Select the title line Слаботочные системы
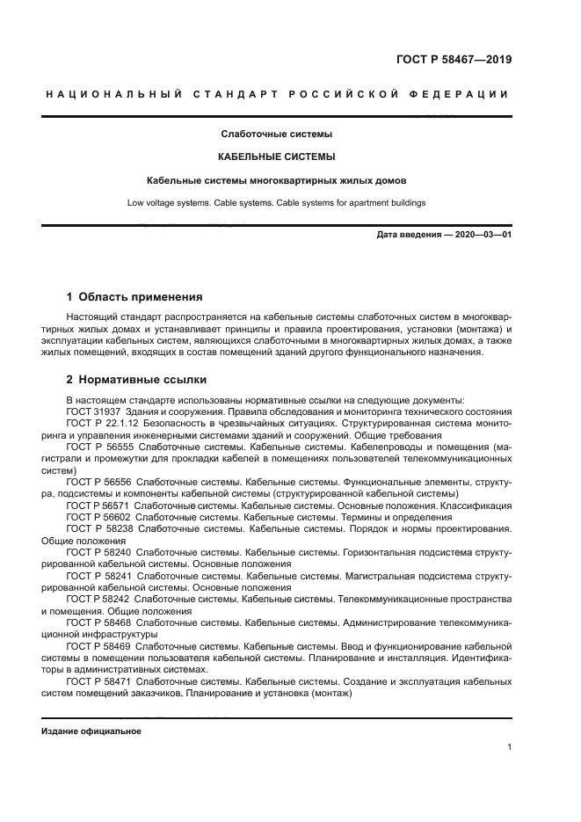276,135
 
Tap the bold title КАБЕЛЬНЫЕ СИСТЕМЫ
276,157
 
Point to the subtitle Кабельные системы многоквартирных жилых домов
276,181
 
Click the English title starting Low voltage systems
276,203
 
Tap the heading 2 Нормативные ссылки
137,381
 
